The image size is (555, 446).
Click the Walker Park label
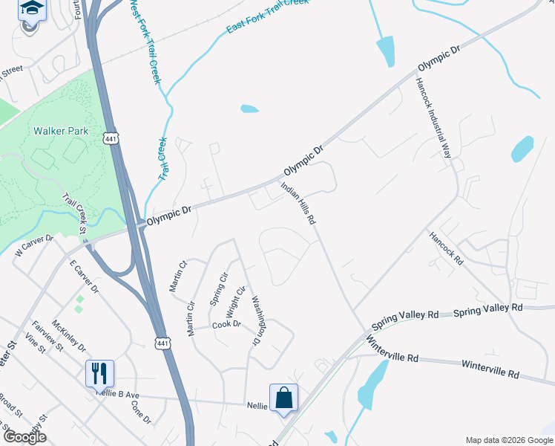[x=61, y=131]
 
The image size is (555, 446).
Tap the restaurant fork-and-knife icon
[x=99, y=373]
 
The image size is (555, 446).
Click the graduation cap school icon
[x=31, y=10]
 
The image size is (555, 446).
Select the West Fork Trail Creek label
[x=145, y=42]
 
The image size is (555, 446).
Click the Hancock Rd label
[x=446, y=248]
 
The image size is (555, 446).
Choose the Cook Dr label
[x=226, y=324]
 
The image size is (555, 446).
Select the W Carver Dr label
[x=34, y=246]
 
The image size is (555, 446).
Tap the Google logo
[x=24, y=437]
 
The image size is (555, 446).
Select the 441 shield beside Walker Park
[x=111, y=139]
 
